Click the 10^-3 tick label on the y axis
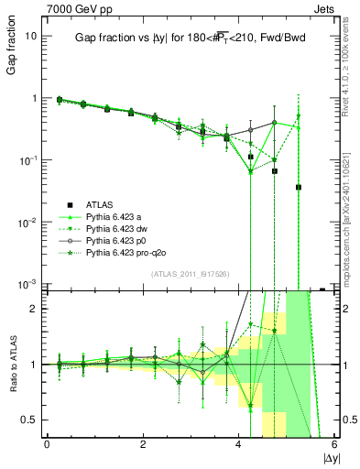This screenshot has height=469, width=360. tap(28, 284)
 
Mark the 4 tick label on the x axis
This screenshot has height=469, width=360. tap(238, 444)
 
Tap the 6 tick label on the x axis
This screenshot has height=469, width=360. tap(333, 444)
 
